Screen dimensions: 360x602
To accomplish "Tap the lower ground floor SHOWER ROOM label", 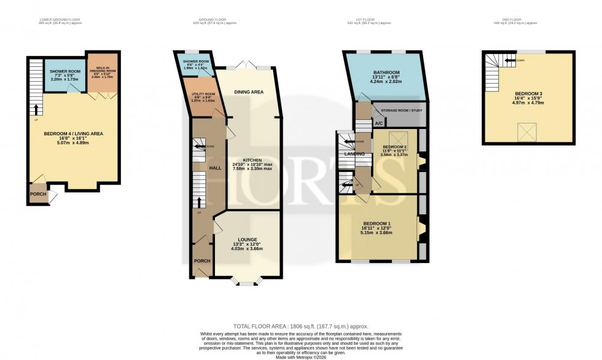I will (x=65, y=71).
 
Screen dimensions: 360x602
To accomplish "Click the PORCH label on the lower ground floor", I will (x=38, y=194).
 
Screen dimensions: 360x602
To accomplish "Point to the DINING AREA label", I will (x=249, y=92).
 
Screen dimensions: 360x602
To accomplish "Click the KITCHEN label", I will (x=252, y=160).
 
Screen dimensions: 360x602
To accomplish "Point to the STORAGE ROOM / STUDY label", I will (x=399, y=111).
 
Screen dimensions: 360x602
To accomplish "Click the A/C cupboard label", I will (x=361, y=123).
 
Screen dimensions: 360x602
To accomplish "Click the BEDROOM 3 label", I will (x=529, y=93).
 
